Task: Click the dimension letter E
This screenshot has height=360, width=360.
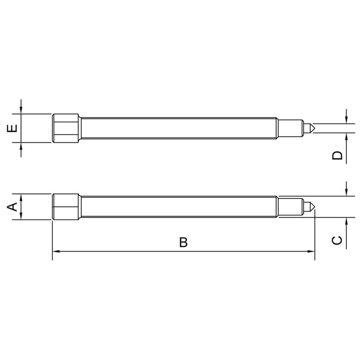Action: click(12, 128)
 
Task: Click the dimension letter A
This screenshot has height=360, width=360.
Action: click(12, 207)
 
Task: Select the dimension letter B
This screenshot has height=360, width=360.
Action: click(183, 242)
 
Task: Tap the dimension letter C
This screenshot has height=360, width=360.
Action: click(337, 240)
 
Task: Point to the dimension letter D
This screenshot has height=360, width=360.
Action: click(337, 156)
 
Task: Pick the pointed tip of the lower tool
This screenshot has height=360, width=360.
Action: click(315, 207)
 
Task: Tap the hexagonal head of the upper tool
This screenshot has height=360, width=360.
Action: click(66, 128)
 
